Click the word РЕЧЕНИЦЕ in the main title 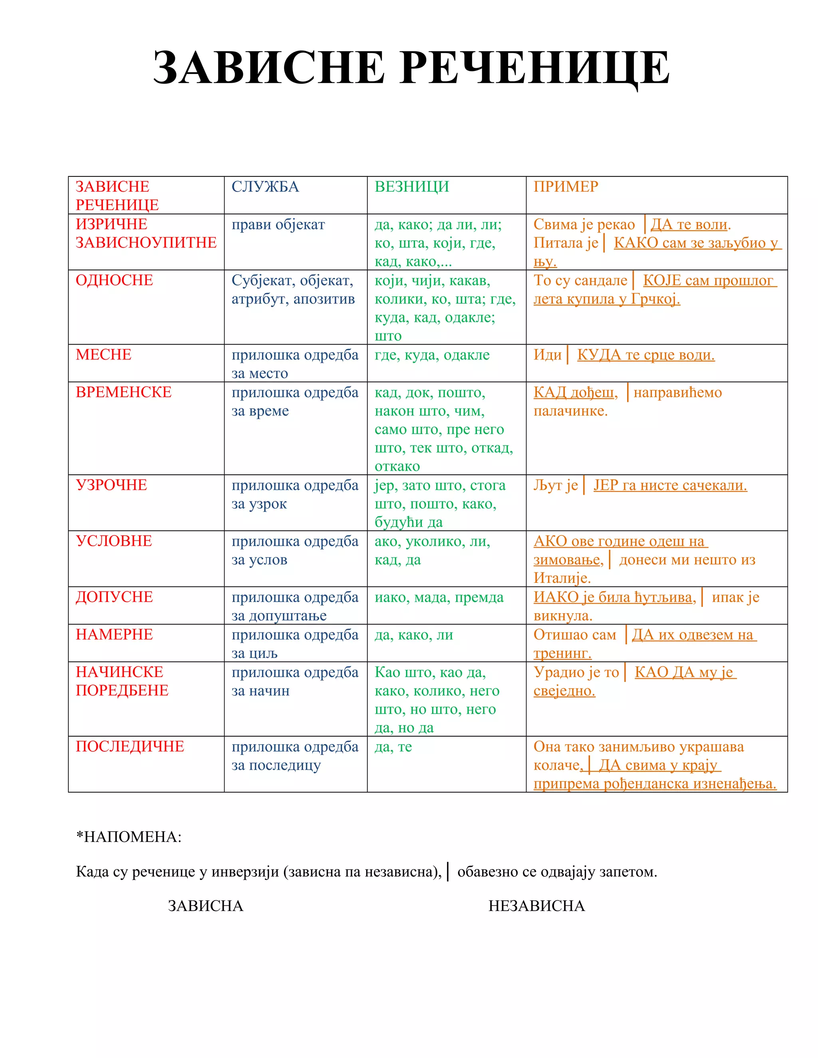536,68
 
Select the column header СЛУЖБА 265,186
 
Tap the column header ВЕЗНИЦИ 411,186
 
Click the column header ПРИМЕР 566,186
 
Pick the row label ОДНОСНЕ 114,280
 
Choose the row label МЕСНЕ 103,355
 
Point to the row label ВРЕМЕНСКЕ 123,392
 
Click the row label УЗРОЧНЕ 111,485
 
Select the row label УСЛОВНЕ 113,541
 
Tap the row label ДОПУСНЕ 114,597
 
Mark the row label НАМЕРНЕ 114,634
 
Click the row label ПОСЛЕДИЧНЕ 129,746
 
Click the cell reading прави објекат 278,224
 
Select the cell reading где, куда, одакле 432,355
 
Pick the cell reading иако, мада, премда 439,597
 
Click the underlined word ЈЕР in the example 605,485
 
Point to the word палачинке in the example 570,411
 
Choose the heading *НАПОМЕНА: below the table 129,836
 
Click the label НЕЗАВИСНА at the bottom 536,906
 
